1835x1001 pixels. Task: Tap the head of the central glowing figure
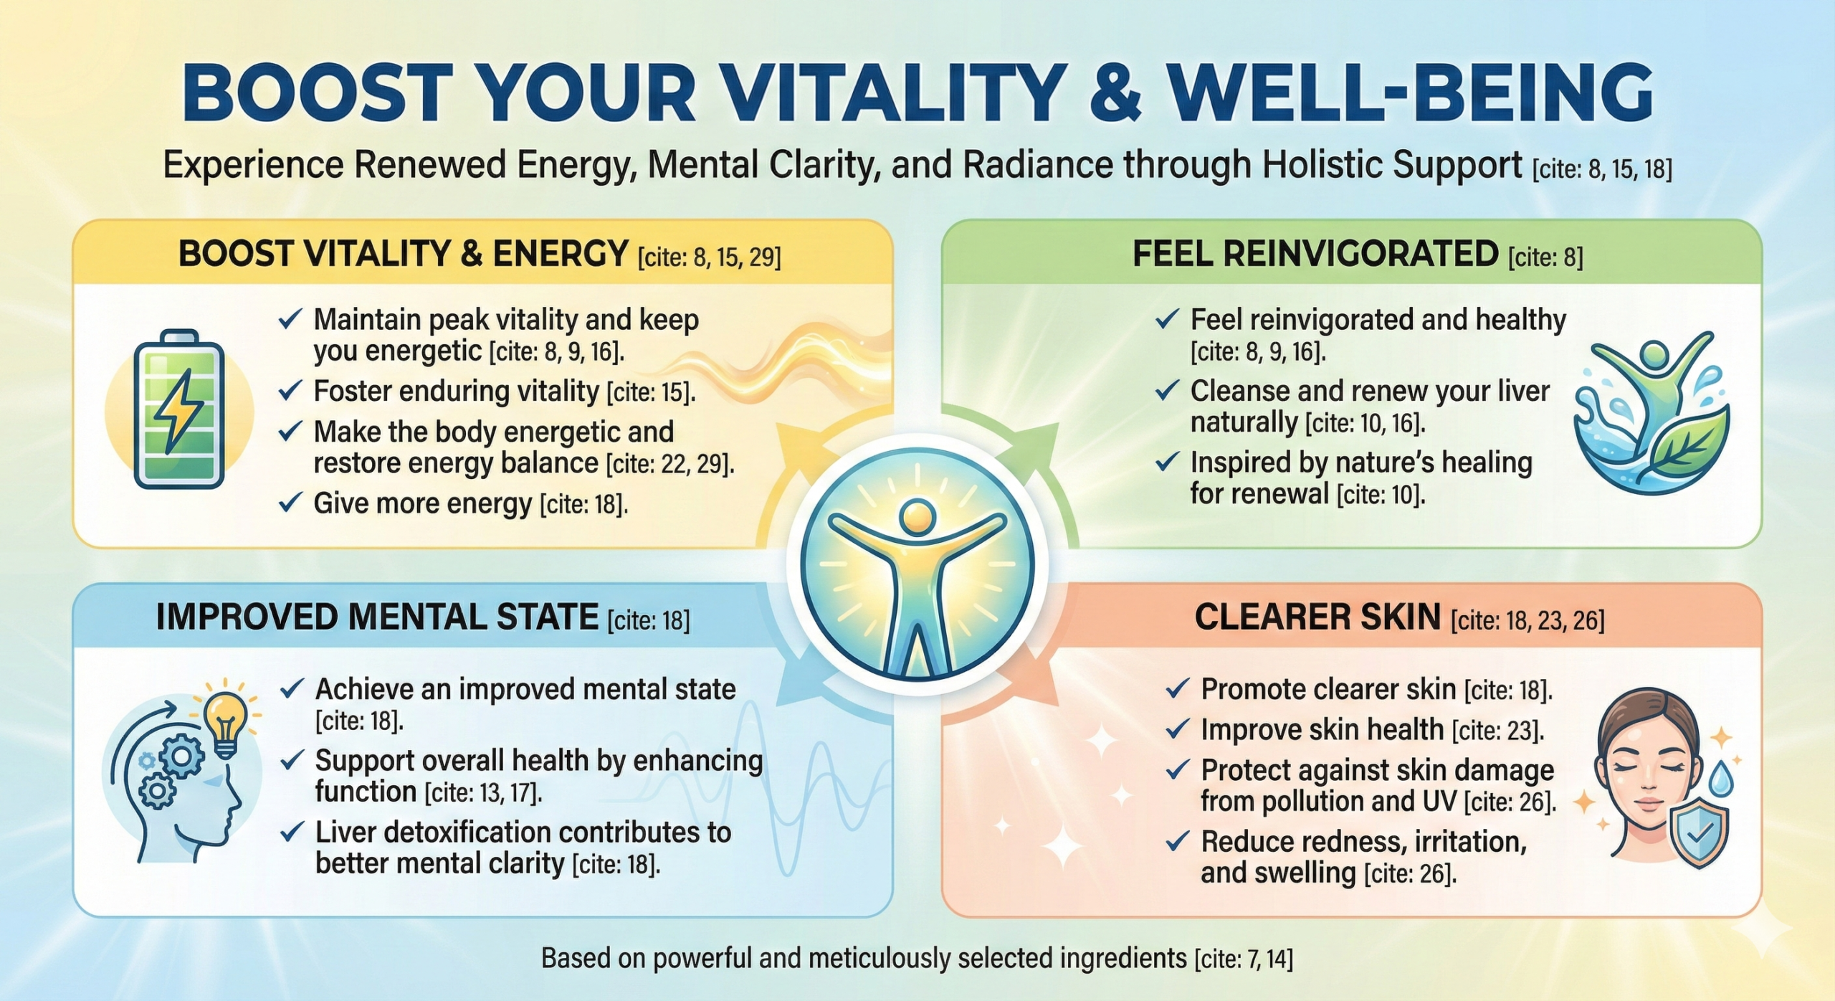(x=917, y=517)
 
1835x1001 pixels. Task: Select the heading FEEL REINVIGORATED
(x=1315, y=254)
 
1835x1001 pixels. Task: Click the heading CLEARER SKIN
(x=1317, y=617)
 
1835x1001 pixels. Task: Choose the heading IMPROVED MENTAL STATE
(x=377, y=617)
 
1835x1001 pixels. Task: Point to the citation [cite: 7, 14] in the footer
(x=1244, y=959)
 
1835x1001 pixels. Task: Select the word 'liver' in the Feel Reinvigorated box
(x=1523, y=392)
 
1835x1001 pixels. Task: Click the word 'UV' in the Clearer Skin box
(x=1439, y=802)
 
